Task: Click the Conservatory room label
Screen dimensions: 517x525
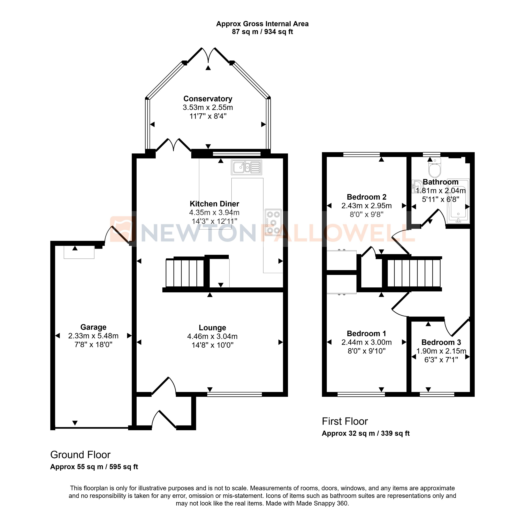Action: tap(208, 99)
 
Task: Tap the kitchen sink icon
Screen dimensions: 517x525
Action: tap(246, 167)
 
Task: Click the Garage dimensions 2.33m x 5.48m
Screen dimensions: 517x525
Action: tap(93, 336)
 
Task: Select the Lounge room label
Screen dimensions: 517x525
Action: tap(212, 328)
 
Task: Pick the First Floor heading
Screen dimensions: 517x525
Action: tap(345, 421)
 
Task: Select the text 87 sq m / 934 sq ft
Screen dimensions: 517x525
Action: tap(262, 32)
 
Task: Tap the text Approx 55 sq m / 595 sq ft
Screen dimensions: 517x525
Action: tap(94, 467)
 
